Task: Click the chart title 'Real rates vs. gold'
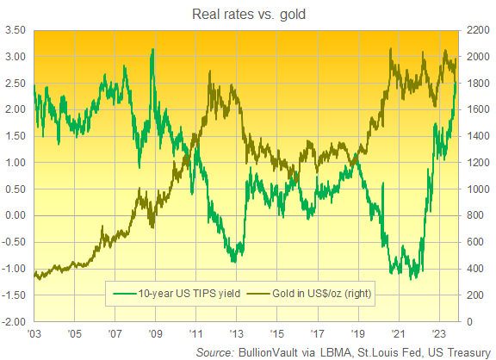[x=247, y=13]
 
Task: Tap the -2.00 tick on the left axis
[x=14, y=322]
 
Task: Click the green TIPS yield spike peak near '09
[x=152, y=50]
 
